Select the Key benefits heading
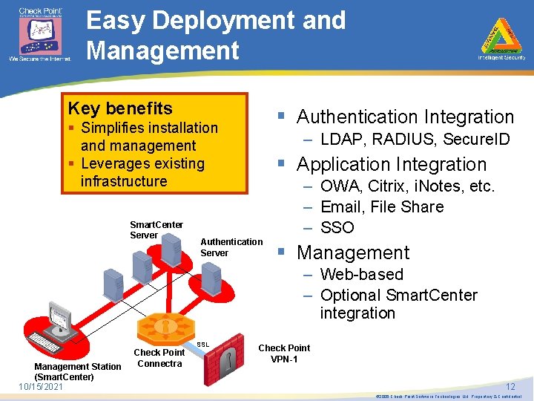120,108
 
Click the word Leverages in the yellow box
117,163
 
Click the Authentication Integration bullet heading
405,117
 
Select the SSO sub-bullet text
337,227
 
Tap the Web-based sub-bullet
361,274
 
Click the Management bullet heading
353,252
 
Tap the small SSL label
203,345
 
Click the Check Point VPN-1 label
284,353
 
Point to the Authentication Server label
231,247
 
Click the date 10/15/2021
41,386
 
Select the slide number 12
510,386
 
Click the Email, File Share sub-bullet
382,206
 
